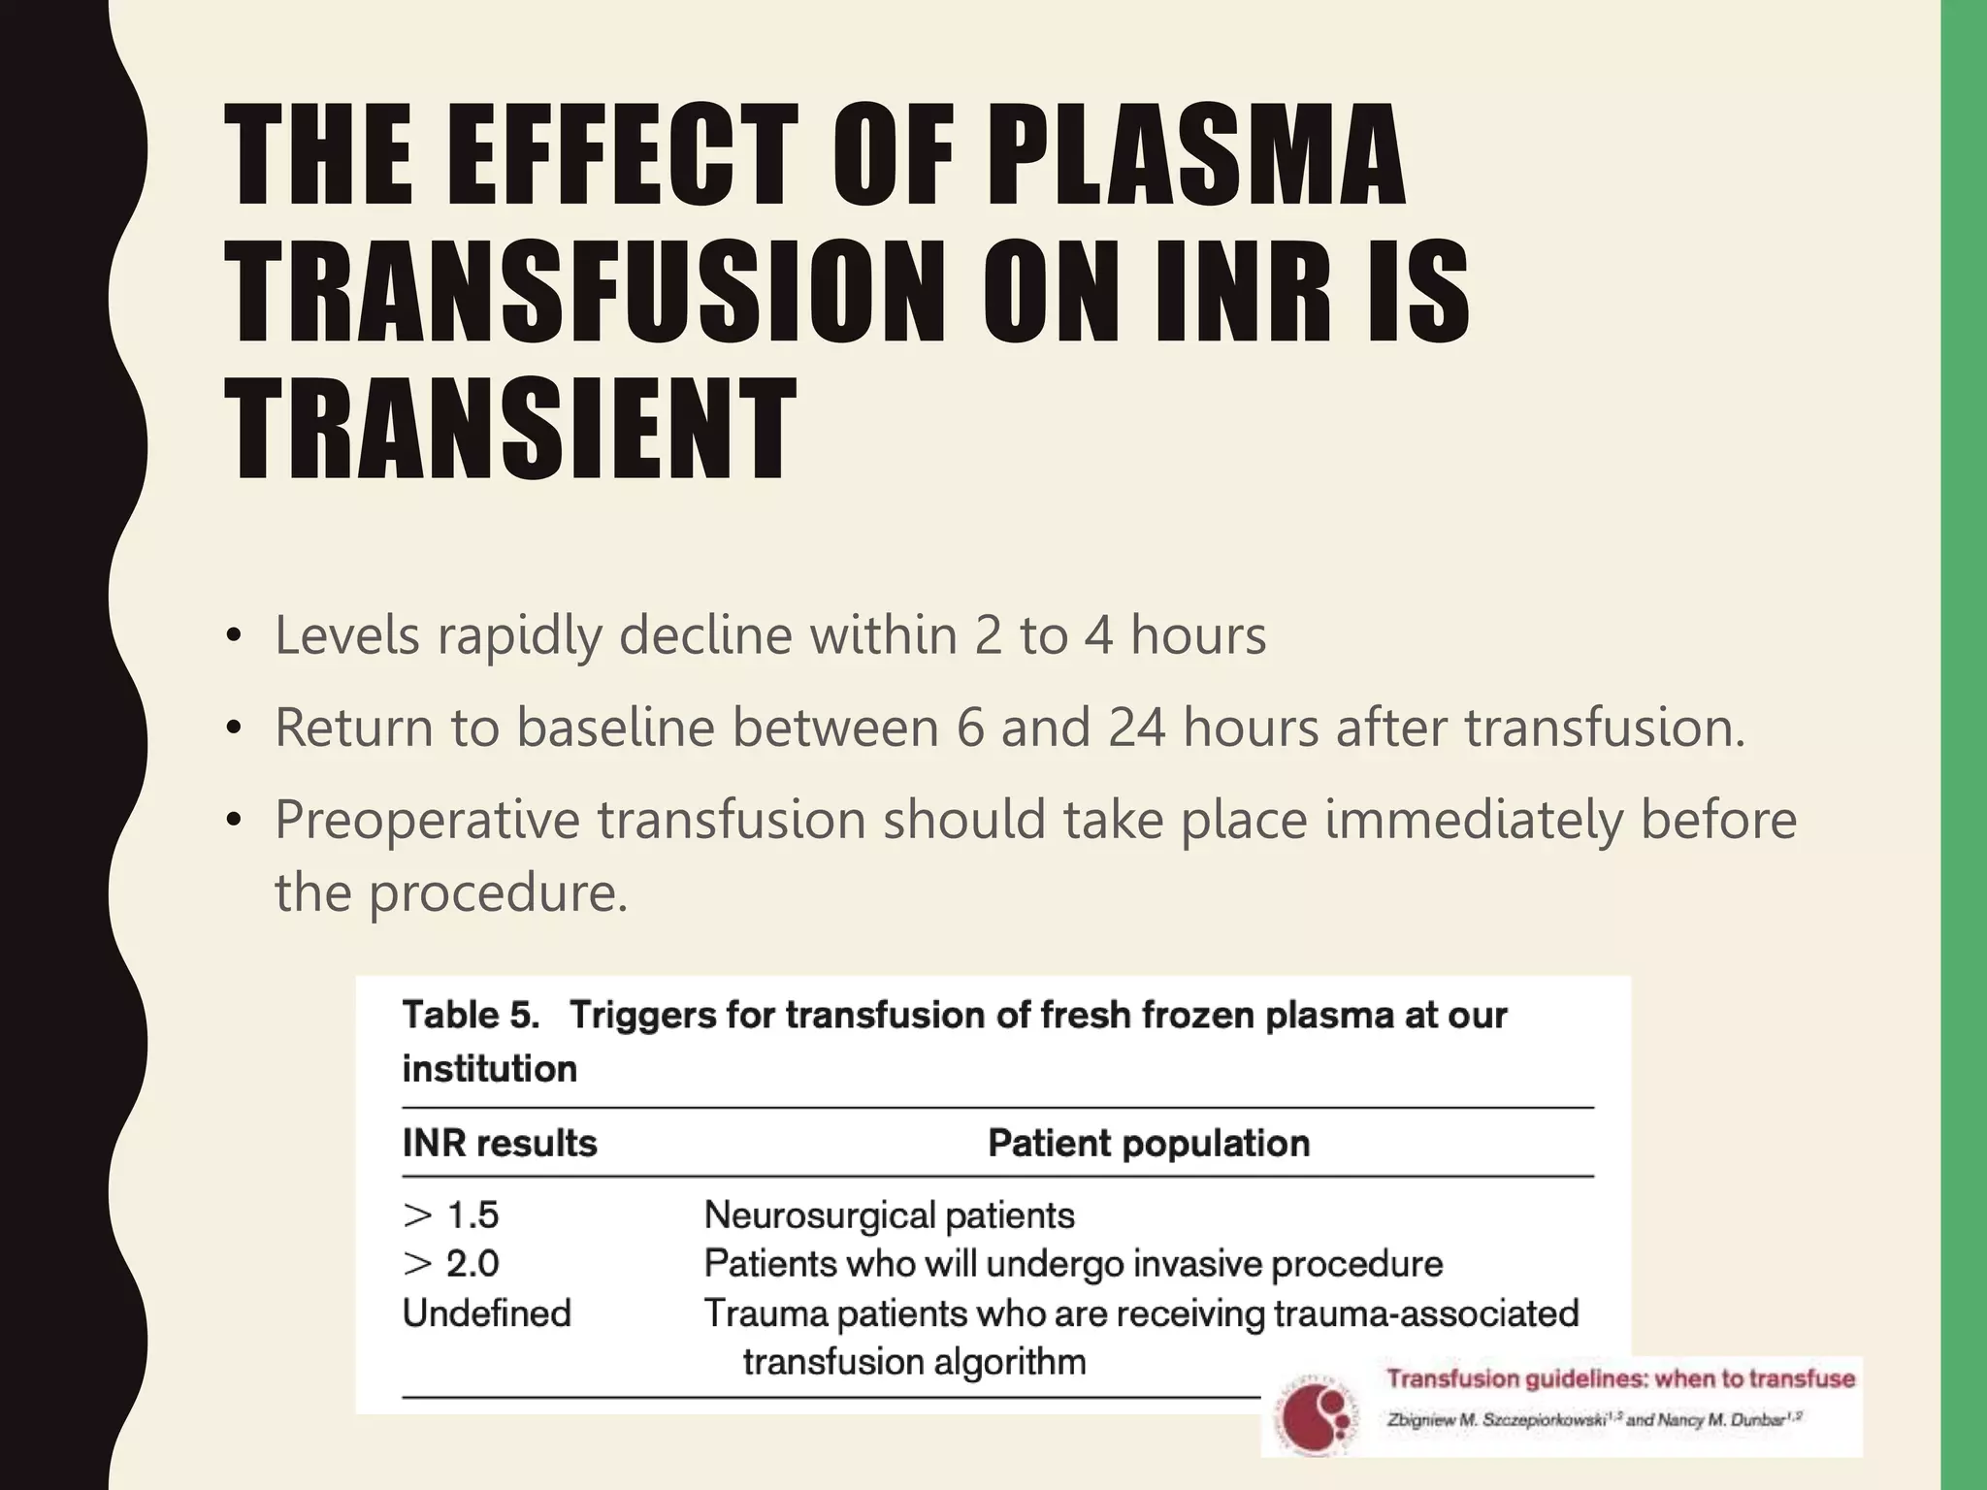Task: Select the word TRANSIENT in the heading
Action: coord(510,431)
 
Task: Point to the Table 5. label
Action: coord(471,1016)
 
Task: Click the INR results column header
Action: coord(500,1144)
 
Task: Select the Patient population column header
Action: coord(1149,1144)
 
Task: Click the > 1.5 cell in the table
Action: coord(451,1215)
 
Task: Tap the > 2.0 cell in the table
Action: coord(451,1264)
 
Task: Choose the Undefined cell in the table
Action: coord(487,1313)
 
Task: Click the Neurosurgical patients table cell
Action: coord(889,1215)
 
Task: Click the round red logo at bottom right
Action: coord(1316,1415)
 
